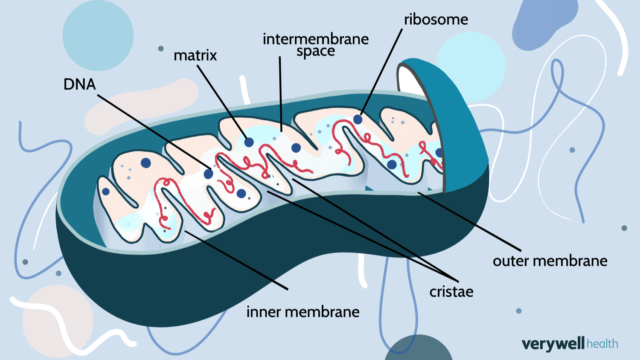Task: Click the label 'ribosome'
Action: click(x=436, y=20)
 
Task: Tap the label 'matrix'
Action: click(x=195, y=55)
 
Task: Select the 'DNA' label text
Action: click(x=79, y=84)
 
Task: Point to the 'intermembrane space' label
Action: click(x=315, y=44)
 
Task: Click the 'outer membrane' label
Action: click(x=550, y=261)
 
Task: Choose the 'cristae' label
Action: click(x=451, y=292)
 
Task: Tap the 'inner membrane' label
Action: click(x=303, y=312)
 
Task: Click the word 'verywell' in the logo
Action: click(x=553, y=344)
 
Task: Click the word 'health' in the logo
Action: click(x=602, y=344)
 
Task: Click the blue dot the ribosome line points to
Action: click(x=358, y=119)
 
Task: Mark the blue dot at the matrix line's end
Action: click(x=249, y=142)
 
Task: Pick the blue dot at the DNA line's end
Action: click(x=208, y=174)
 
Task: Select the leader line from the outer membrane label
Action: click(x=469, y=222)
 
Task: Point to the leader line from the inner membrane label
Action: click(x=237, y=260)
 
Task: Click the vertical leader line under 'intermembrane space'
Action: click(x=280, y=94)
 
